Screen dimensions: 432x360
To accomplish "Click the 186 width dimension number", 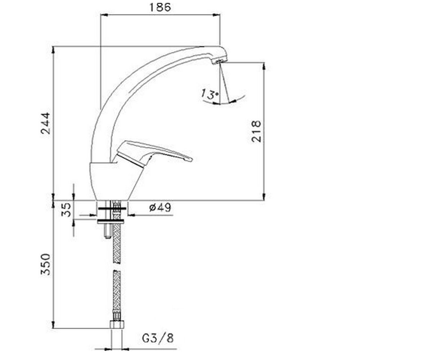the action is pos(160,7).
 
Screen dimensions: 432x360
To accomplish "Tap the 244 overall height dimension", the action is pos(45,123).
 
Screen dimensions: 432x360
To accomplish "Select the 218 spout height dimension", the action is pos(256,131).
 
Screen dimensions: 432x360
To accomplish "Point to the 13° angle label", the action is pos(210,94).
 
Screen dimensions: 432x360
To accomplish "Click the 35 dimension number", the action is pos(66,210).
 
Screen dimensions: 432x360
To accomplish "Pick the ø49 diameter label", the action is pos(160,207).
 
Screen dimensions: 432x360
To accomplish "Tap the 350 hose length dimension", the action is pos(45,264).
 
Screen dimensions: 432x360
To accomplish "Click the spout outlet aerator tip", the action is pos(219,61).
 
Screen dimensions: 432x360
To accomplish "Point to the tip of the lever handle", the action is pos(191,159).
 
